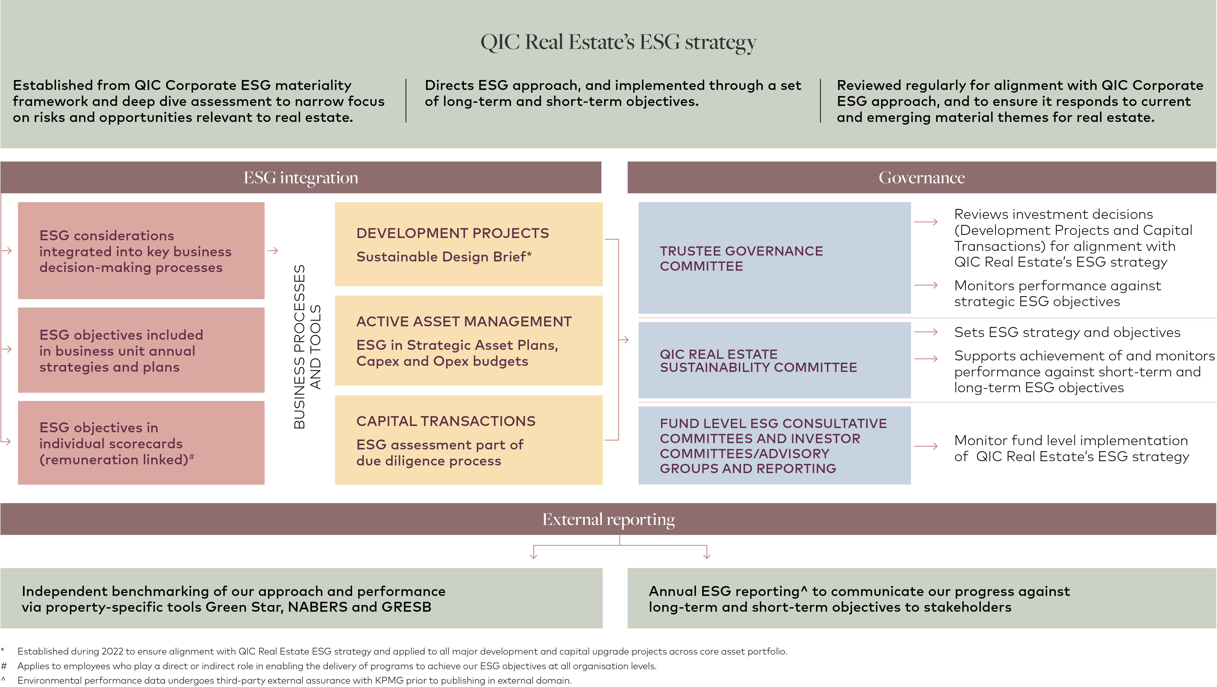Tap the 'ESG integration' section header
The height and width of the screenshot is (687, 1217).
[301, 178]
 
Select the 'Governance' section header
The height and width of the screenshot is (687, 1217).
[922, 178]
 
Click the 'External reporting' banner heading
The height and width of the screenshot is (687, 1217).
[609, 519]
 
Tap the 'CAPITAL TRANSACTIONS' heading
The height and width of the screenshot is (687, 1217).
[446, 421]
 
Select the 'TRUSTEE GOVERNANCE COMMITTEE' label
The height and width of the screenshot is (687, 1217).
[741, 259]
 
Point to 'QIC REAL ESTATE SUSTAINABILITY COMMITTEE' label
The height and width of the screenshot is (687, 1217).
[758, 360]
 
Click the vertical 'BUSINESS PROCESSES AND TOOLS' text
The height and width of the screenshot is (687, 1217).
[307, 346]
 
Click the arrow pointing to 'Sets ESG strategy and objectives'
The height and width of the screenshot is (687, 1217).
[926, 332]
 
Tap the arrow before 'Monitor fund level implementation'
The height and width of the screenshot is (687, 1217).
[926, 446]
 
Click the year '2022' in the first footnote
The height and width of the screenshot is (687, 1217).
[112, 651]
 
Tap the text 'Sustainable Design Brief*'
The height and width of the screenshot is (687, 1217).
[444, 256]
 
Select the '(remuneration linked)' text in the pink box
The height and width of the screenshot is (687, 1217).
[114, 460]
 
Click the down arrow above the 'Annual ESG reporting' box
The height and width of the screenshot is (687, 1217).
[707, 552]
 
